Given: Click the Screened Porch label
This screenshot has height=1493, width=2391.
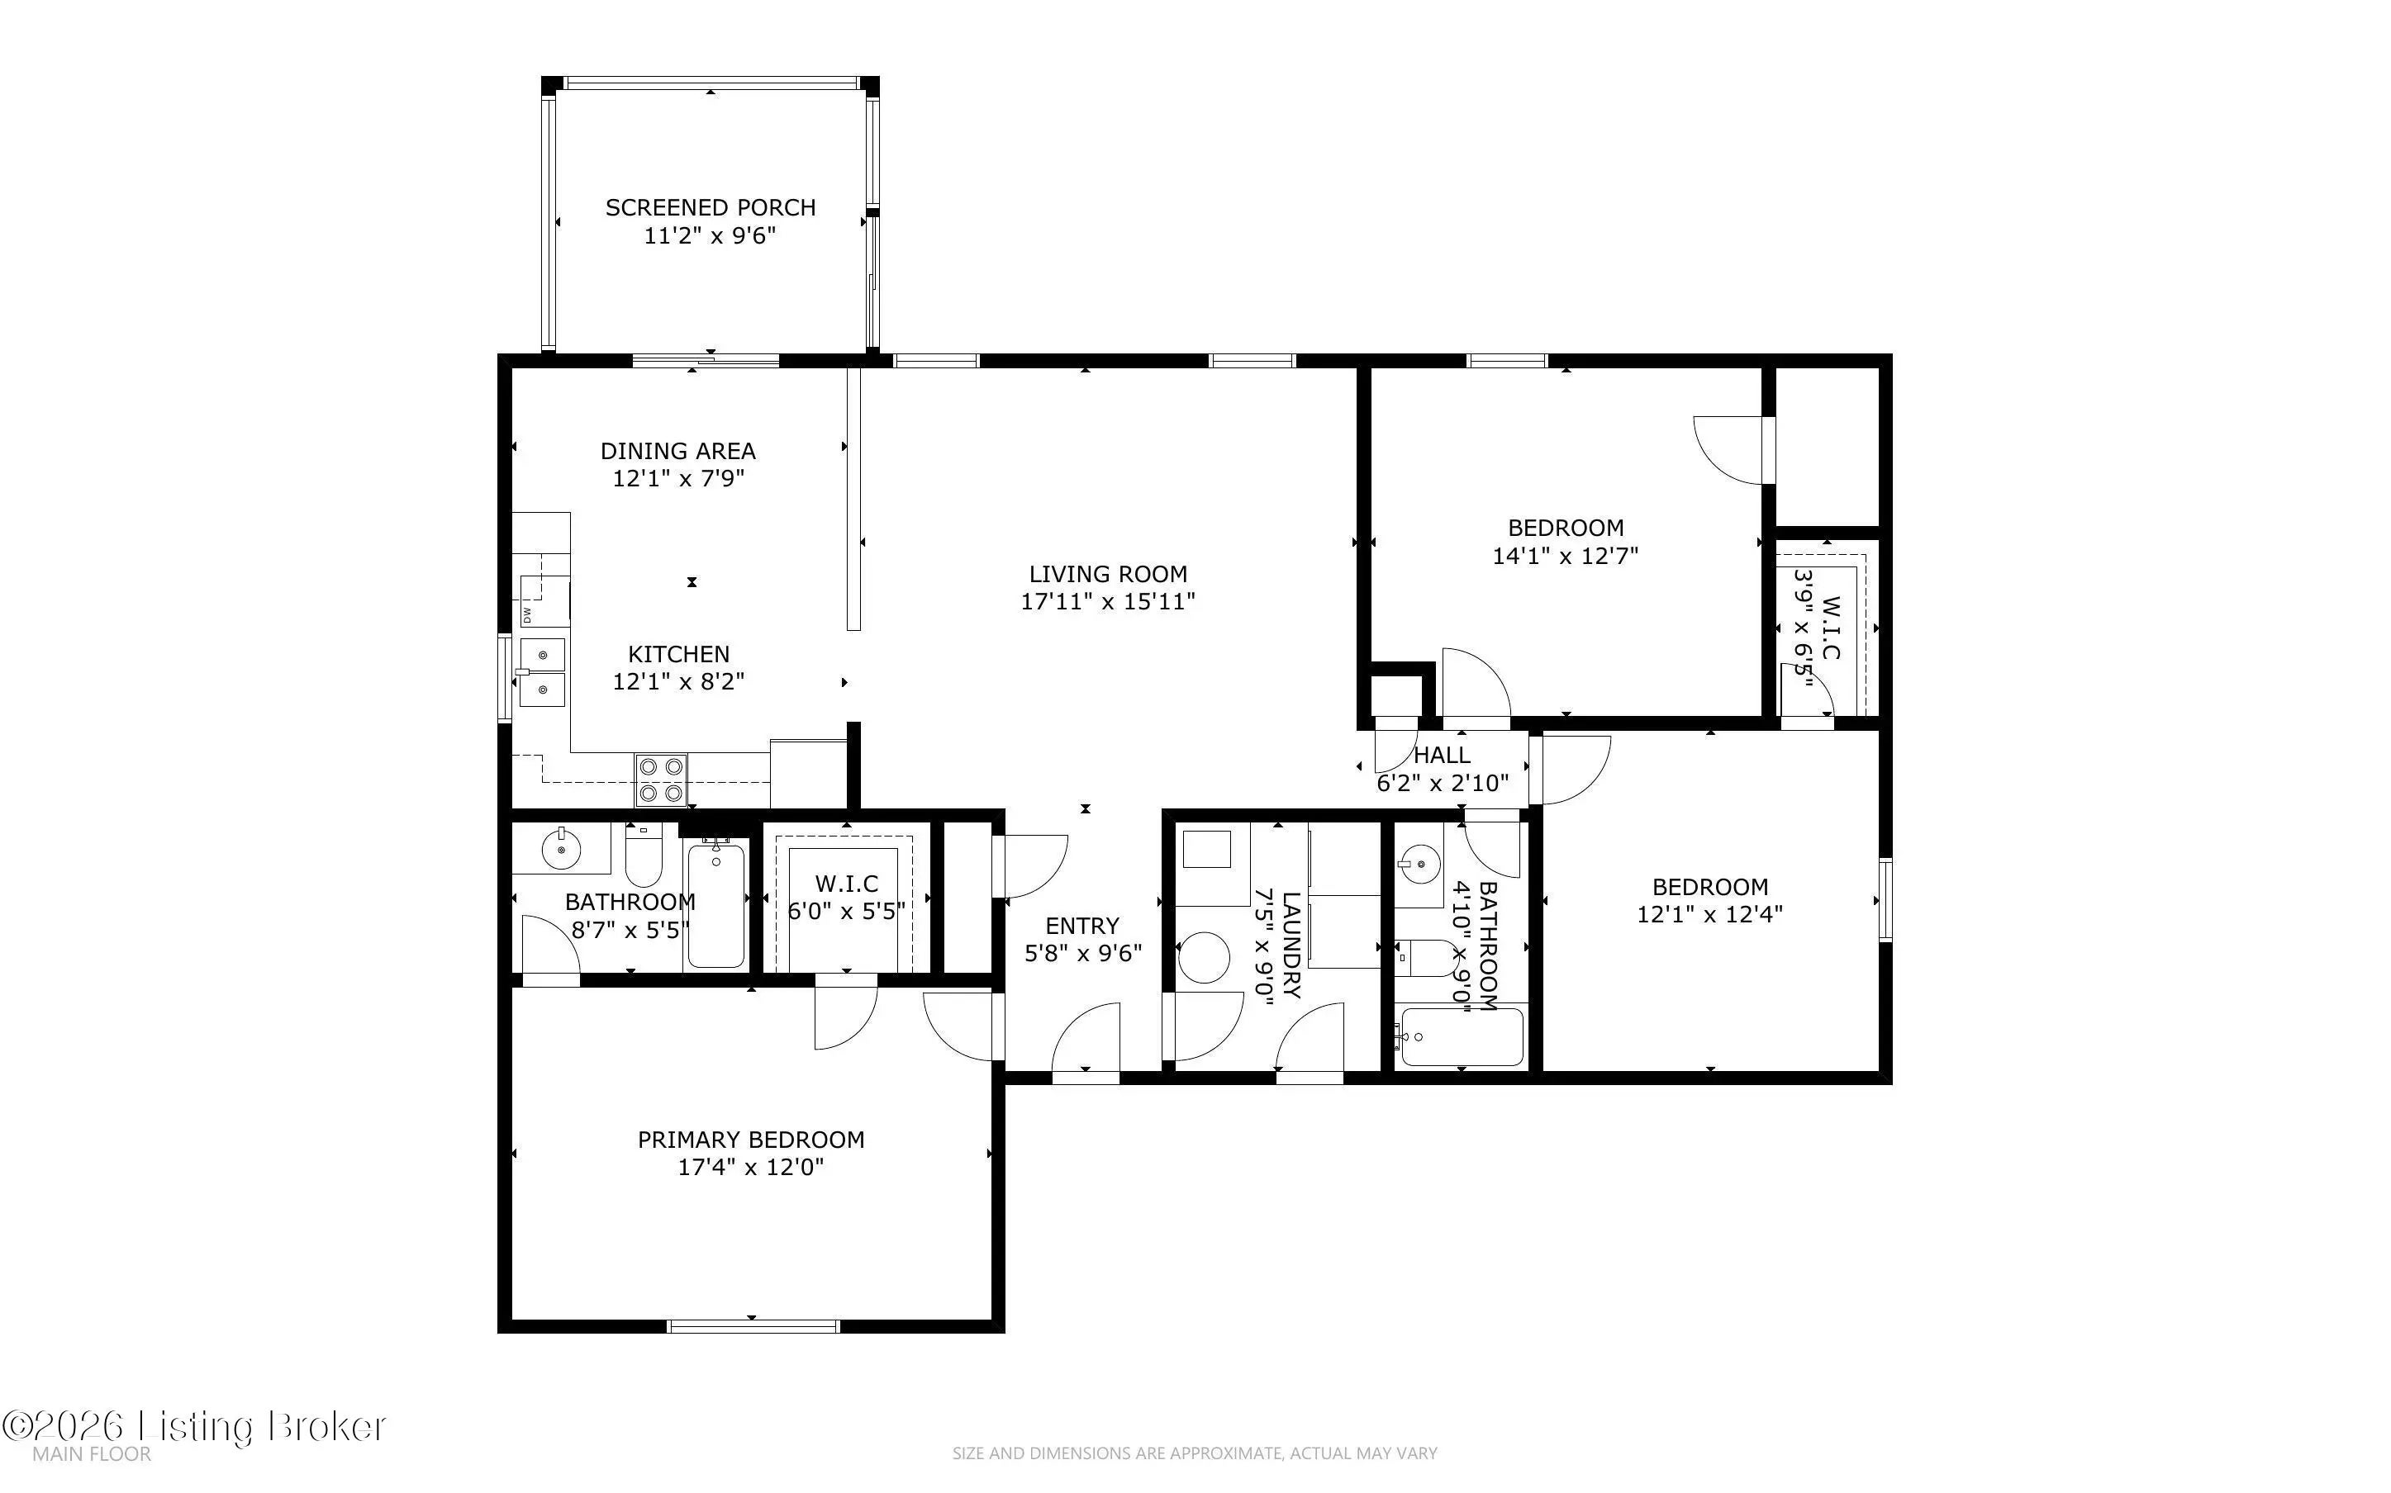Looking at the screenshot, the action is click(710, 207).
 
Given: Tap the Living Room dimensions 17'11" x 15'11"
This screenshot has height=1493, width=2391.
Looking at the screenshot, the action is click(1108, 601).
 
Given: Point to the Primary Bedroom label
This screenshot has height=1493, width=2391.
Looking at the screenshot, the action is click(750, 1140).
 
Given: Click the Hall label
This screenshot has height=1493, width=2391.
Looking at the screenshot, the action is click(1442, 756).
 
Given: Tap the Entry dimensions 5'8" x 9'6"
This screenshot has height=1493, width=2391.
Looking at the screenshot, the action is click(1083, 953).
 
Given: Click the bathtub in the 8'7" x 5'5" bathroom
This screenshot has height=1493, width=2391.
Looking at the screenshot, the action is click(716, 904).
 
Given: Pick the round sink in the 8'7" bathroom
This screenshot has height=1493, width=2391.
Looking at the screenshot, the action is click(561, 847).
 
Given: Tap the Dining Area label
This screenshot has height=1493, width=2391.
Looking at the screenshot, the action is click(677, 451).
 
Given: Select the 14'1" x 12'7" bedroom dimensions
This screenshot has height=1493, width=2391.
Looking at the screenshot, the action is click(1566, 556).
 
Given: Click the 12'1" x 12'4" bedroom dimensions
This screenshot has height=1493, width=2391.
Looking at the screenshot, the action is click(1710, 914).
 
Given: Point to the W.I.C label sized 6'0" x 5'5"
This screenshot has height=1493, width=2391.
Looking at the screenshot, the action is click(846, 883).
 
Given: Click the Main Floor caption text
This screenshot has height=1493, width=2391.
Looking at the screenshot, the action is click(92, 1454).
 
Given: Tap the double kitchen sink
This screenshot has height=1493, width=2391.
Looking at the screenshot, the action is click(542, 672).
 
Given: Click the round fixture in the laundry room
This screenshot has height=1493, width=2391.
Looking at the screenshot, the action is click(1204, 958).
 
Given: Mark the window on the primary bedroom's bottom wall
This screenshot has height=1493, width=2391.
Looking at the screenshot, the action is click(753, 1325).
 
